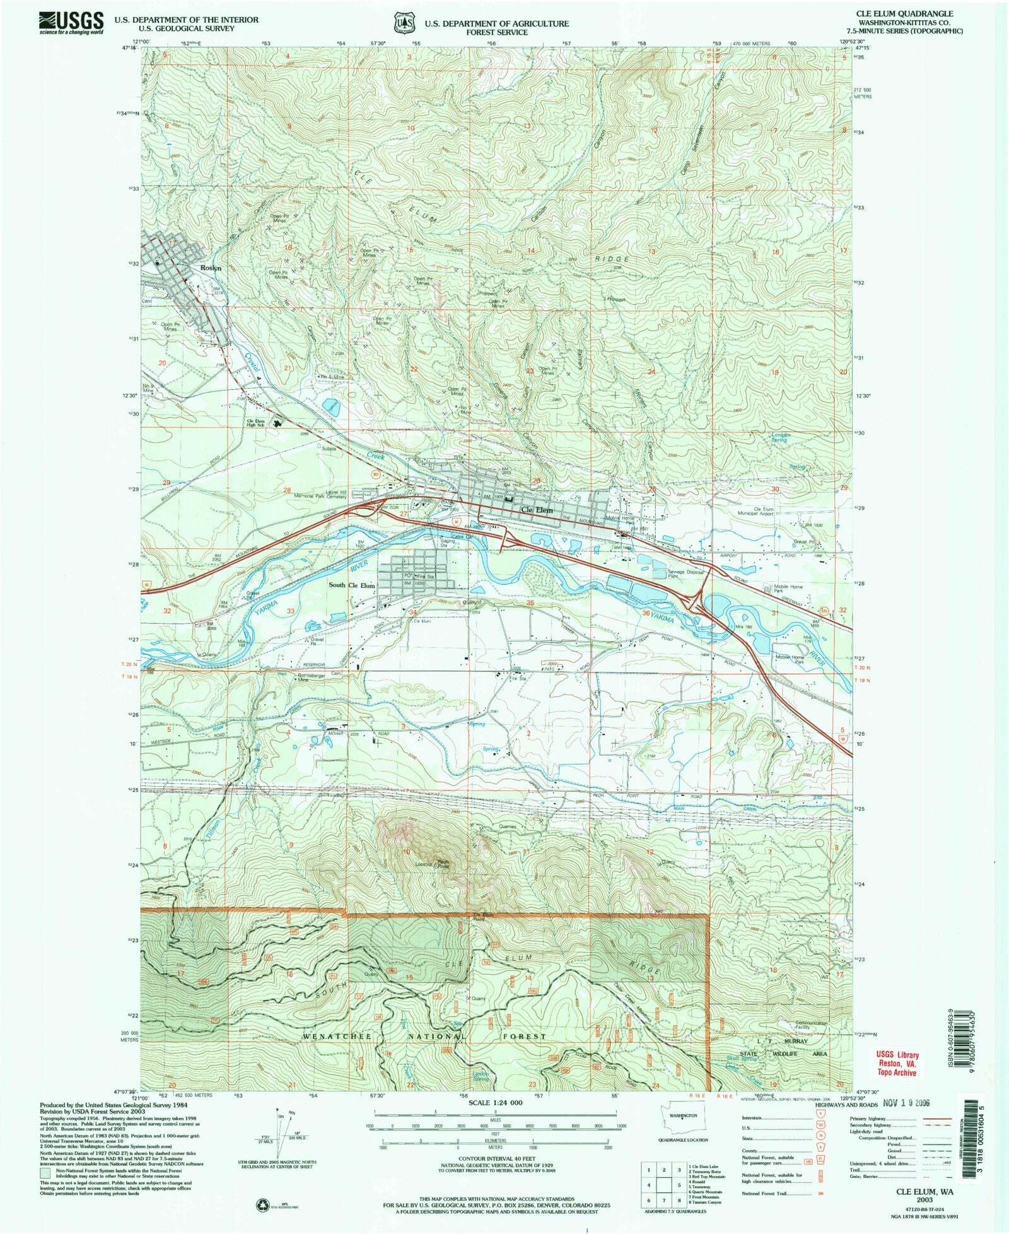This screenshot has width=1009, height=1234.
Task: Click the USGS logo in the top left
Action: pyautogui.click(x=71, y=23)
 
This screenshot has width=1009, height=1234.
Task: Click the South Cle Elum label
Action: pyautogui.click(x=352, y=585)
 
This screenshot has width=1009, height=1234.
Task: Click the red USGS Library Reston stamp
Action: pyautogui.click(x=896, y=1063)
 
